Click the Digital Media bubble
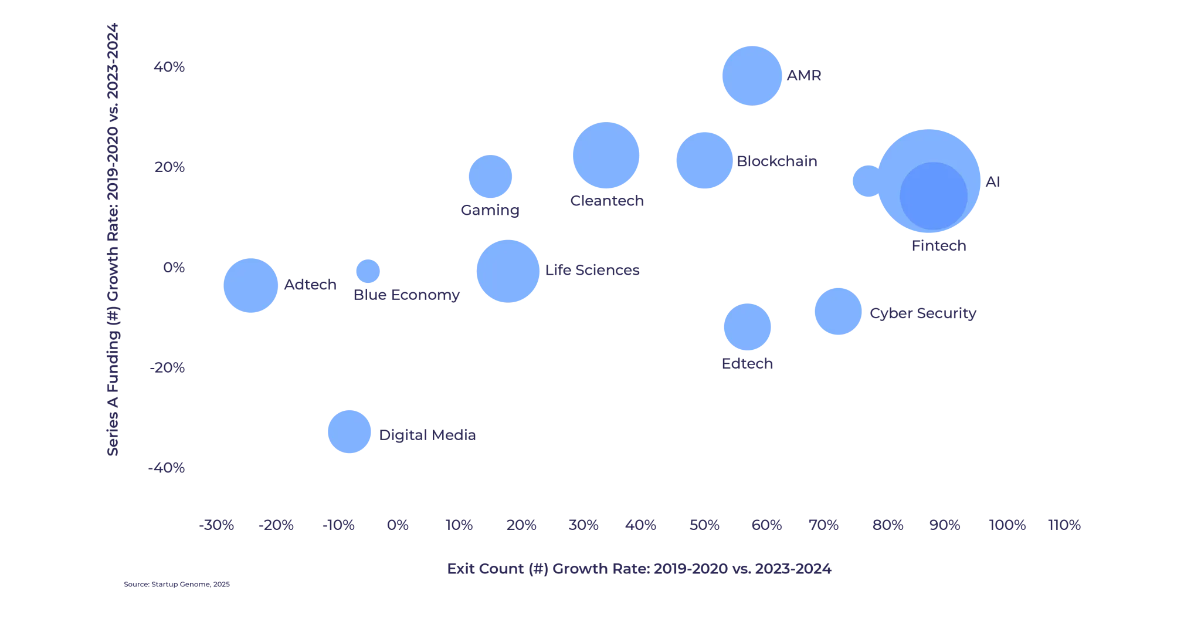350,432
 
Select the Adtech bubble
250,286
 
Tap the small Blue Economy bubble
368,271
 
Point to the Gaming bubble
490,176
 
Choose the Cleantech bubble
606,156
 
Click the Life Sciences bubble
507,271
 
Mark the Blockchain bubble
704,161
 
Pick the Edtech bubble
747,326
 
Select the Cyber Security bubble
837,312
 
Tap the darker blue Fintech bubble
934,196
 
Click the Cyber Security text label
922,314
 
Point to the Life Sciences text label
593,270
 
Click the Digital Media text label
429,435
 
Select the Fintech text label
938,246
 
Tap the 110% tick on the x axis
1065,524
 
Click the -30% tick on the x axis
216,524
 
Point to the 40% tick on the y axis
169,68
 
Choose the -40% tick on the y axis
168,468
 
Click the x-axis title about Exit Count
639,569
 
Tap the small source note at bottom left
176,584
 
